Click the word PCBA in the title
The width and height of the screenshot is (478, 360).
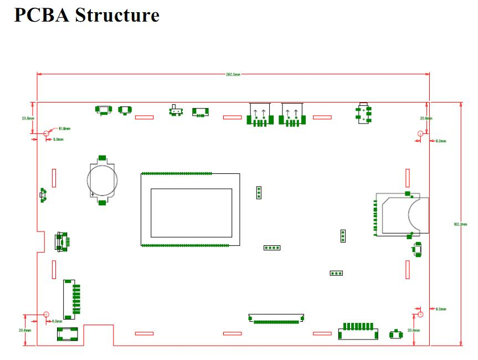(41, 14)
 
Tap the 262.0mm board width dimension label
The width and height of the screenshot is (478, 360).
(233, 74)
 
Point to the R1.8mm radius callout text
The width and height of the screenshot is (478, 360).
(64, 128)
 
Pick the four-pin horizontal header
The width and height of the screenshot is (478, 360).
(272, 248)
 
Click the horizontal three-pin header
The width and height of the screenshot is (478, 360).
(336, 273)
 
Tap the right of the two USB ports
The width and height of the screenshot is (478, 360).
(291, 115)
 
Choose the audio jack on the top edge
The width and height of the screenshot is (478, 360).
(363, 113)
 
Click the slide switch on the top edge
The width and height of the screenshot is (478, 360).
(176, 111)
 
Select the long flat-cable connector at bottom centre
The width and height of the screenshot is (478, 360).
(276, 318)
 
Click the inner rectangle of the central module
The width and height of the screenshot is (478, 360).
(191, 213)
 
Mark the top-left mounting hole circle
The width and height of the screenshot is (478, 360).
(47, 133)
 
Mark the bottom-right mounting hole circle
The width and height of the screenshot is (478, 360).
(420, 314)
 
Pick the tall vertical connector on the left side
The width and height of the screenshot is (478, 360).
(69, 299)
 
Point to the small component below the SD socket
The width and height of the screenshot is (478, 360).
(417, 250)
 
